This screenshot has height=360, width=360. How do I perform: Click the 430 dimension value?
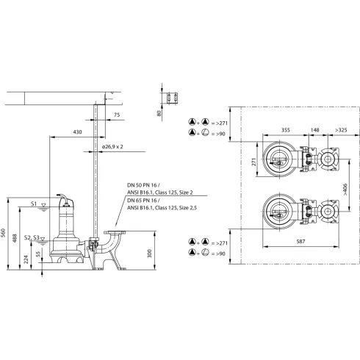point(77,132)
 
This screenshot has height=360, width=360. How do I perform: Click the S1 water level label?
point(35,202)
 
